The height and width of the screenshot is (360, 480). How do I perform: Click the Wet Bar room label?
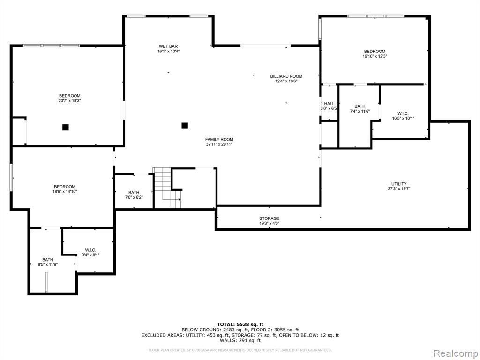(x=168, y=46)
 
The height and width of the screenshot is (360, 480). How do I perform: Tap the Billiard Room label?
(x=286, y=76)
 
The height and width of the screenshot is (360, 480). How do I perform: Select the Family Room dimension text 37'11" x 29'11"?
(x=219, y=144)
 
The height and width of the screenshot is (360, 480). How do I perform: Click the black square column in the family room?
(x=185, y=126)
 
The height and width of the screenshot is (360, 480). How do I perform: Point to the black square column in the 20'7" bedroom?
(x=66, y=127)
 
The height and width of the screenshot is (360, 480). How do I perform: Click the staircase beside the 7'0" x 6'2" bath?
(x=167, y=188)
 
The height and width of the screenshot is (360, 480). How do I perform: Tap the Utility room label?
(x=399, y=184)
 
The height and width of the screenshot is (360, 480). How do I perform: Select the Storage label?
(x=269, y=218)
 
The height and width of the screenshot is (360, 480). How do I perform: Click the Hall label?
(x=330, y=104)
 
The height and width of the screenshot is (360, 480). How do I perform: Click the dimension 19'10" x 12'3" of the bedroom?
(x=375, y=56)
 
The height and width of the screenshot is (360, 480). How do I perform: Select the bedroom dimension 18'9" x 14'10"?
(x=65, y=192)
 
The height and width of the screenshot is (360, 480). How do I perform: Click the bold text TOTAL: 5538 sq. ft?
(x=240, y=324)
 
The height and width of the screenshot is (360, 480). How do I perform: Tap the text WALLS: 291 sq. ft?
(x=240, y=340)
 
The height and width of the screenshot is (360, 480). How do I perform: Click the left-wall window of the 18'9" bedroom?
(x=11, y=177)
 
